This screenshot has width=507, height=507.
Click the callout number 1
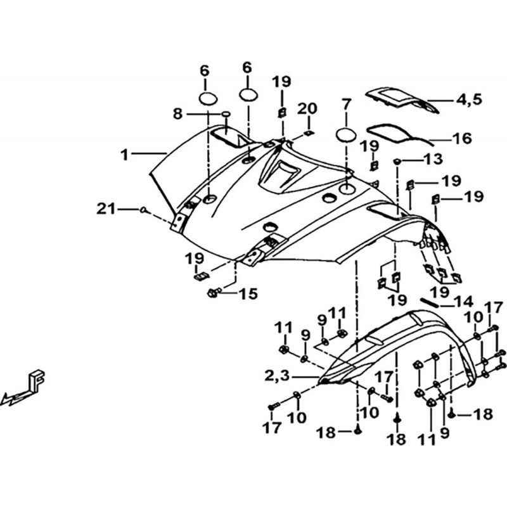click(x=124, y=155)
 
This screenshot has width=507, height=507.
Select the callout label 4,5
click(x=469, y=99)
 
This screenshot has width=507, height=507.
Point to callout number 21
click(x=106, y=209)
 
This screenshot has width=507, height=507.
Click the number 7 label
click(x=345, y=105)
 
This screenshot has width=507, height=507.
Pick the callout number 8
click(x=177, y=114)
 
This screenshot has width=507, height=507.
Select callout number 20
click(x=307, y=108)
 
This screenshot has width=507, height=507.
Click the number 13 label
click(x=433, y=159)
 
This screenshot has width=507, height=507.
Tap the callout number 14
click(x=464, y=302)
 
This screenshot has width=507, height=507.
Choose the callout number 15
click(x=248, y=294)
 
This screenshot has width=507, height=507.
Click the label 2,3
click(x=278, y=376)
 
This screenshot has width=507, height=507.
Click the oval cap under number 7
click(x=346, y=134)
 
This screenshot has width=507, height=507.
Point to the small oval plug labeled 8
click(x=226, y=114)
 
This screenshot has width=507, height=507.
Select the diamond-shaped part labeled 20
click(x=309, y=133)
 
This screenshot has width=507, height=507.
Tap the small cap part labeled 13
click(x=397, y=161)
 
